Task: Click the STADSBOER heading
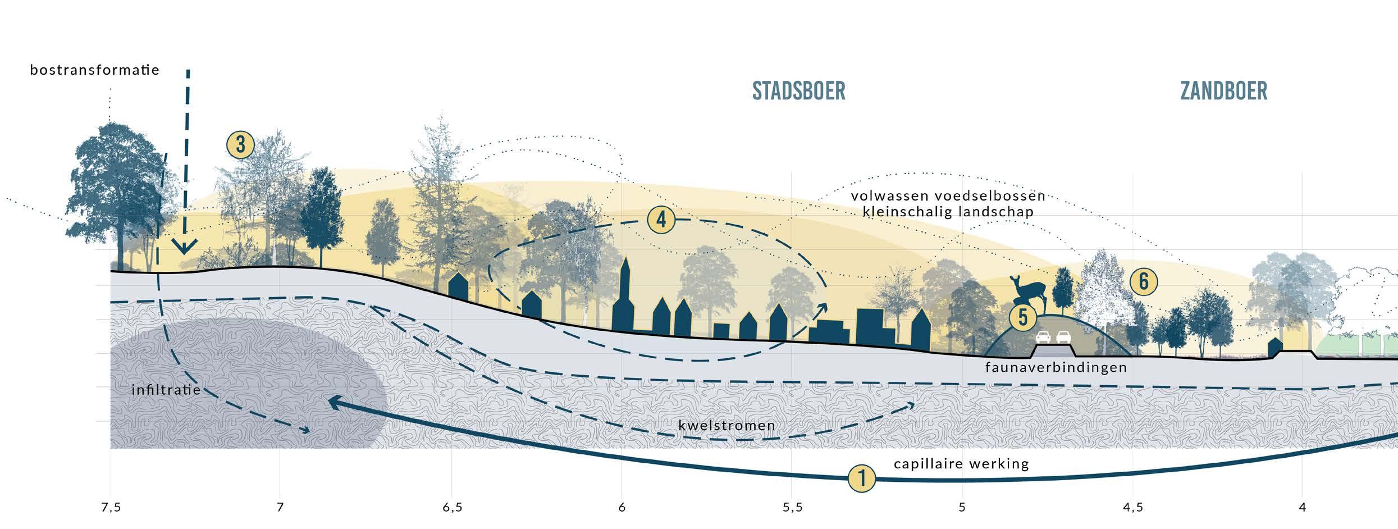tap(798, 91)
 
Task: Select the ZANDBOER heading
tap(1223, 91)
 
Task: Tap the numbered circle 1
tap(862, 479)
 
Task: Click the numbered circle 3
tap(240, 145)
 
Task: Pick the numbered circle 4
tap(661, 220)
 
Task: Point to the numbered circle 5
tap(1023, 317)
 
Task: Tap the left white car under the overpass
tap(1043, 337)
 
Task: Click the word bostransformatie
tap(95, 70)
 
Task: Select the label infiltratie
tap(166, 390)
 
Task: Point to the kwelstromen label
tap(727, 426)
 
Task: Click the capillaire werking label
tap(961, 464)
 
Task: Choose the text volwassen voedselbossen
tap(948, 196)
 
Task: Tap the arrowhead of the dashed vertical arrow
tap(184, 247)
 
